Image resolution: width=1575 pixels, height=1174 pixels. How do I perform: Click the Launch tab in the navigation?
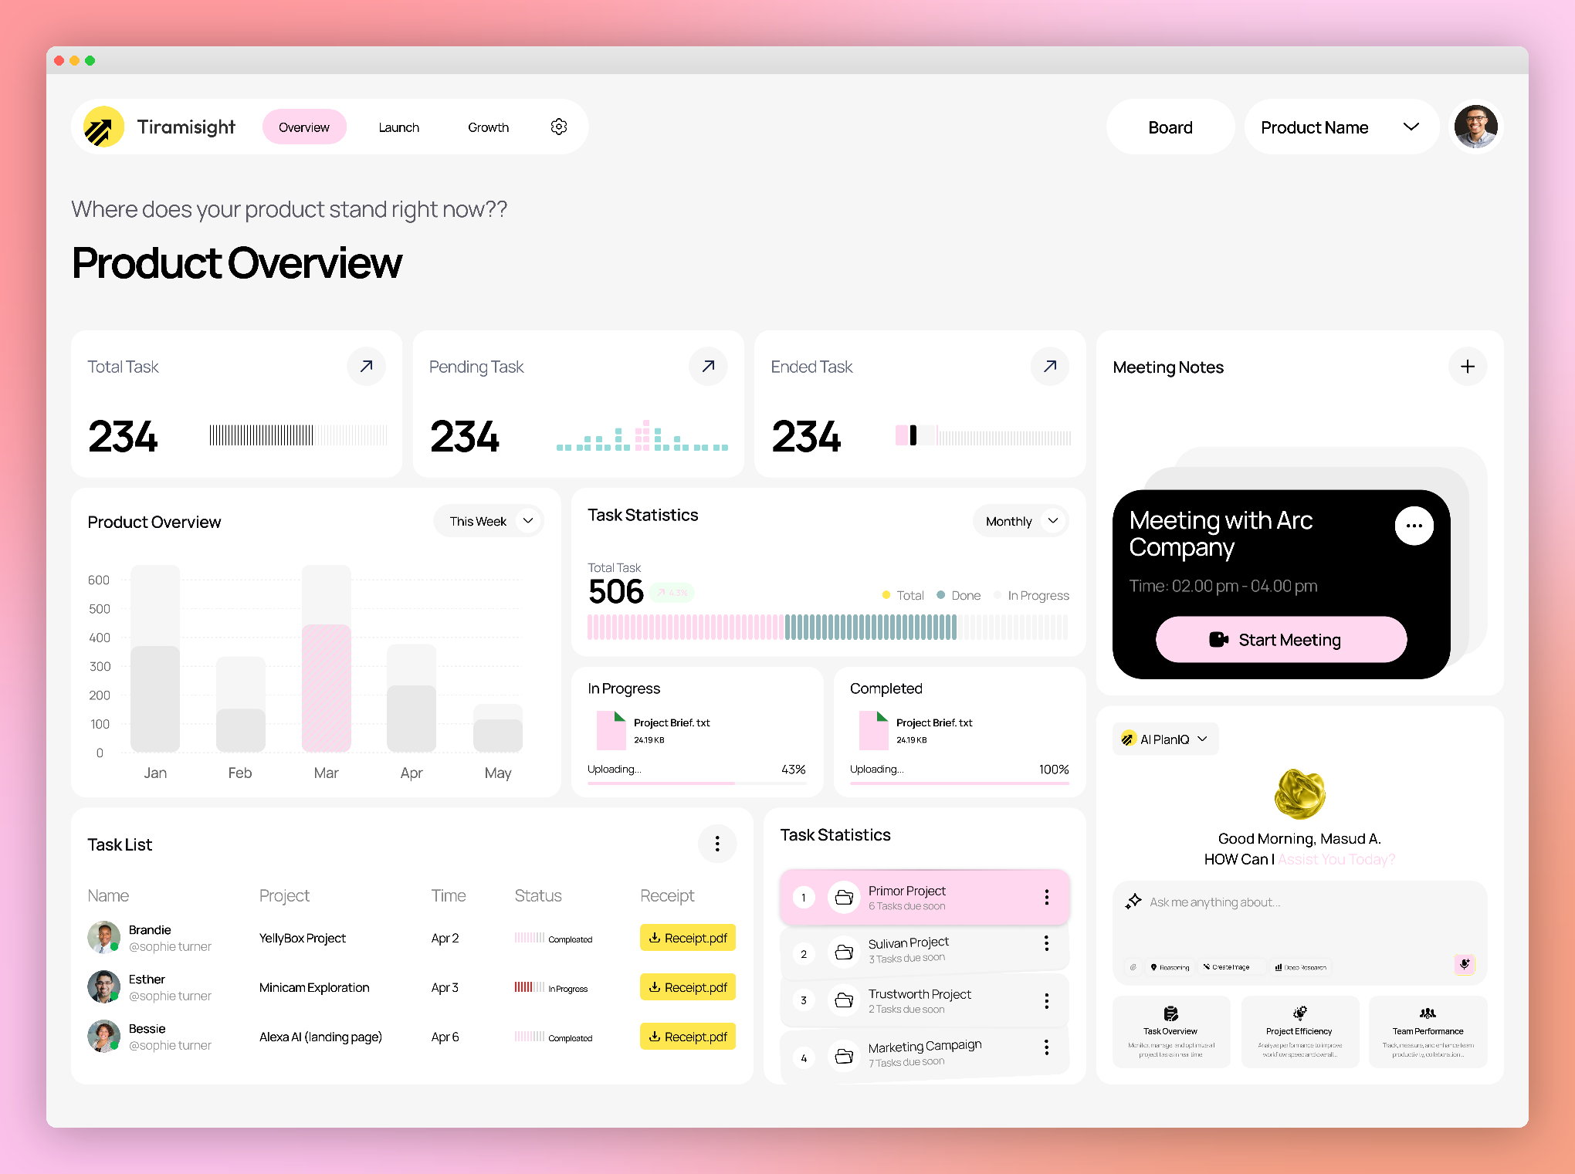click(398, 127)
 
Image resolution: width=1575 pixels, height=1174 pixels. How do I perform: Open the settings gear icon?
click(559, 127)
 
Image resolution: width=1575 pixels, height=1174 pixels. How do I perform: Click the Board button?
click(1170, 127)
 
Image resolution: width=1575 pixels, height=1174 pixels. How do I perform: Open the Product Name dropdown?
click(1340, 127)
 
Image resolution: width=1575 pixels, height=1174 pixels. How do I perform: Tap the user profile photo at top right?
click(1475, 127)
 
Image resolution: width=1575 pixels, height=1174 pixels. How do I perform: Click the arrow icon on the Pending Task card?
click(708, 366)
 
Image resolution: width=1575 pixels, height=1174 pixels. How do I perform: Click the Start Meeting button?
click(1281, 639)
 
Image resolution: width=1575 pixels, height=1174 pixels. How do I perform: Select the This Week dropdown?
click(489, 521)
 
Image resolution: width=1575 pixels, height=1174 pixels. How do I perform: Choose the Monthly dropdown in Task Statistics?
click(1021, 521)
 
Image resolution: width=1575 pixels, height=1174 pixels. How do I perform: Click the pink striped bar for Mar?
click(327, 687)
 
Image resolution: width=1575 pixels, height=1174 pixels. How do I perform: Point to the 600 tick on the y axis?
click(99, 580)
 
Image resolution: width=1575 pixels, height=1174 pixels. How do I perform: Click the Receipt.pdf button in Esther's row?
click(687, 987)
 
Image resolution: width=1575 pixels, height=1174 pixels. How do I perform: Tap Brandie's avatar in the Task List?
click(103, 937)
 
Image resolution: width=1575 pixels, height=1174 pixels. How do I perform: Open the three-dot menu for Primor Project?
click(1046, 897)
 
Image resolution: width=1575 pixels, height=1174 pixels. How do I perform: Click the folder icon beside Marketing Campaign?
click(844, 1055)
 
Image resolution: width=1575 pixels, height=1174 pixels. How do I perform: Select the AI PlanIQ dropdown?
click(1165, 739)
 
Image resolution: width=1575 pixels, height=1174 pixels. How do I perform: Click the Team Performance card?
click(1428, 1031)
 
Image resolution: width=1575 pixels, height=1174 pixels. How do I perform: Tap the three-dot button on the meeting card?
click(1414, 526)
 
